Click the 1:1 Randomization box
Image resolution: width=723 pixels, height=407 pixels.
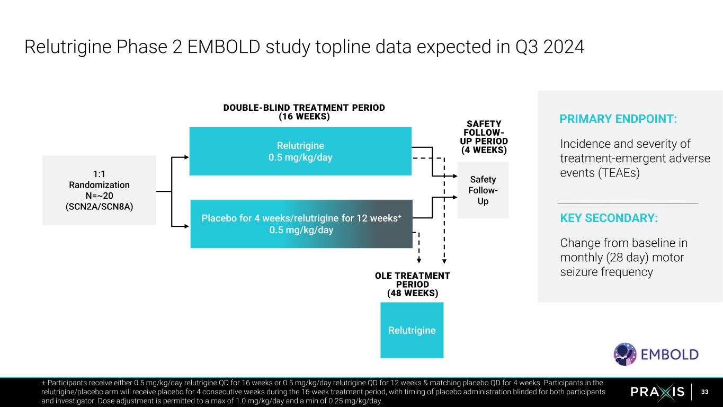pyautogui.click(x=99, y=190)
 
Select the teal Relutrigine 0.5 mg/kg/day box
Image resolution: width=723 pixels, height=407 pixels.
pyautogui.click(x=300, y=151)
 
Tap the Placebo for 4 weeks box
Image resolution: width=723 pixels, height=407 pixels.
pyautogui.click(x=301, y=224)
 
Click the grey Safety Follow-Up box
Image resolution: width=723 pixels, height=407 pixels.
pyautogui.click(x=483, y=190)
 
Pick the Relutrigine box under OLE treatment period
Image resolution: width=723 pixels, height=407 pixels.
pyautogui.click(x=412, y=330)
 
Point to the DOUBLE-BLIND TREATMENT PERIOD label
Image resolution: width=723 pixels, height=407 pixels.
pyautogui.click(x=304, y=108)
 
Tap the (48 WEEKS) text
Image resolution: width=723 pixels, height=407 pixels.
pyautogui.click(x=413, y=293)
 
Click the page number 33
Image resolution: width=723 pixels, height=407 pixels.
pyautogui.click(x=704, y=392)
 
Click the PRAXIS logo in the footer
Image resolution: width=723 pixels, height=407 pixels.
pyautogui.click(x=658, y=392)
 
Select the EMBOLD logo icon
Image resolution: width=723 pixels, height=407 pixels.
pyautogui.click(x=625, y=354)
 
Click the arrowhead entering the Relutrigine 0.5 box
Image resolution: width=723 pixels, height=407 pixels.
pyautogui.click(x=186, y=157)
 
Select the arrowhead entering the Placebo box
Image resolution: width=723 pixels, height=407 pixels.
pyautogui.click(x=186, y=226)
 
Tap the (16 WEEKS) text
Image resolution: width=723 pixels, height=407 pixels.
pyautogui.click(x=304, y=117)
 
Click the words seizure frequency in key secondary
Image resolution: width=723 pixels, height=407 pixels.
pyautogui.click(x=606, y=272)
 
